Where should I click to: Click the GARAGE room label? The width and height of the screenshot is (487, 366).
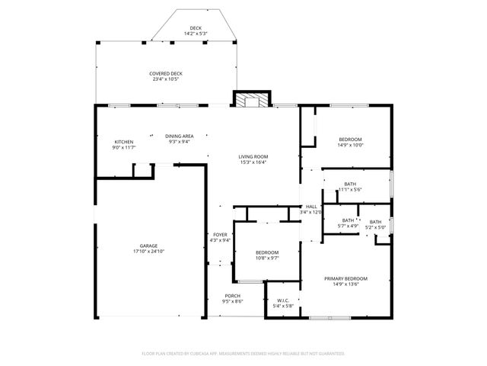point(148,246)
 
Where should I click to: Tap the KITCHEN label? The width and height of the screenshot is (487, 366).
point(124,142)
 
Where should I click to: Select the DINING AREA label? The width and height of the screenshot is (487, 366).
point(180,136)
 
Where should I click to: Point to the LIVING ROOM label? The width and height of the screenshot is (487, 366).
point(254,156)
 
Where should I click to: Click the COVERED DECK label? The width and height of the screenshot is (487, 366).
point(165,73)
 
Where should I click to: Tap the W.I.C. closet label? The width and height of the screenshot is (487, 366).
point(283,300)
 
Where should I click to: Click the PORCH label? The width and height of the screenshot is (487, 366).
point(232,296)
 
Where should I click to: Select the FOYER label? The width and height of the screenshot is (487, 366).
point(220,235)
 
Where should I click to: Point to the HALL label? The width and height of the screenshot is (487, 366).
point(312,207)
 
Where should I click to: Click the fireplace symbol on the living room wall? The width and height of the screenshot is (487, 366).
point(252,100)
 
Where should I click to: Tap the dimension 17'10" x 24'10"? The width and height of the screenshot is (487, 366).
point(148,251)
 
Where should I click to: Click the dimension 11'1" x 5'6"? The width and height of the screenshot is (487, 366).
point(350,189)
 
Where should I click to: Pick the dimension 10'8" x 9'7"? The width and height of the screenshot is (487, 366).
point(267,258)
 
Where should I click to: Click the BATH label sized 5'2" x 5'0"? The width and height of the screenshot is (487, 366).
point(376,221)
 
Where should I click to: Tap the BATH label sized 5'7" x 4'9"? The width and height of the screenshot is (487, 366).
point(348,220)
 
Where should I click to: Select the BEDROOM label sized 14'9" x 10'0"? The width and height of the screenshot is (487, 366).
point(350,139)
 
